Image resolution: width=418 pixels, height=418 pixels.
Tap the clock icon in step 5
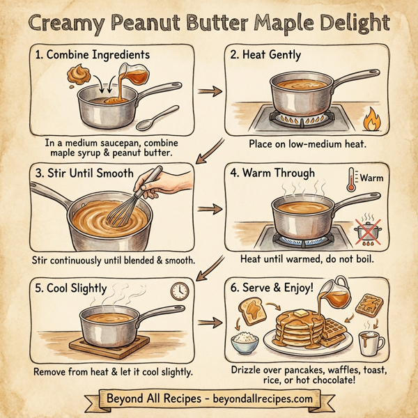180,291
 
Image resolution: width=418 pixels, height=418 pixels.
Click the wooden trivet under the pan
115,343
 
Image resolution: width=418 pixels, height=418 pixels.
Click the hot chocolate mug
369,343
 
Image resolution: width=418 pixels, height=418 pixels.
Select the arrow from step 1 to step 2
208,91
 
